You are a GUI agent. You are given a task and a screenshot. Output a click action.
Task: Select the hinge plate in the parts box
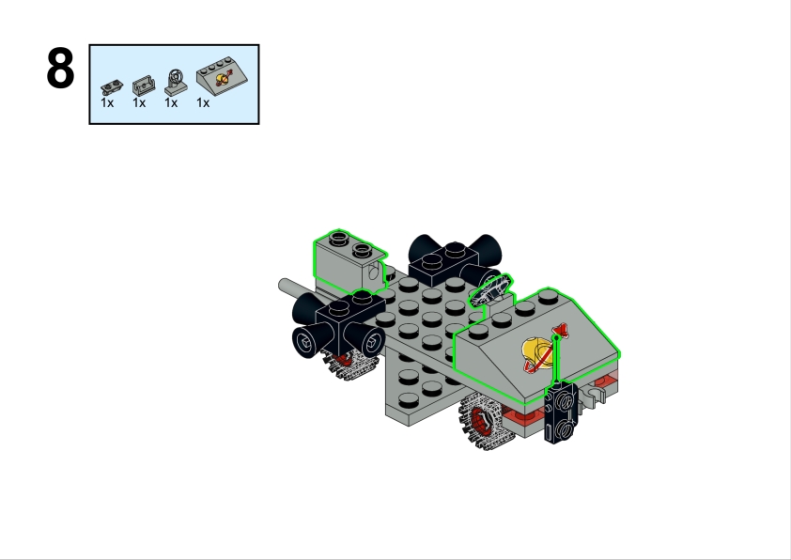point(112,87)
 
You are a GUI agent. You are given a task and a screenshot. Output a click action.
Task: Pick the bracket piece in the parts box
point(144,86)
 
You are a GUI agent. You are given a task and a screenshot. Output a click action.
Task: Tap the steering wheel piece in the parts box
point(176,83)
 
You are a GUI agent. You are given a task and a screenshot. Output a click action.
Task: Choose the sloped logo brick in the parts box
point(222,74)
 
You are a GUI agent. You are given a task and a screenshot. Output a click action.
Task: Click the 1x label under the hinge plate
point(107,103)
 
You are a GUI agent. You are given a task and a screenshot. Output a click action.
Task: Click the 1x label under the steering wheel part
point(171,103)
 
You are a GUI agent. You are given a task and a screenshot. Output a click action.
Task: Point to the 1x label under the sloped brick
point(203,103)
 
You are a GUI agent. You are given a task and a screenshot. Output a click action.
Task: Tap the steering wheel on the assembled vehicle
point(490,290)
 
